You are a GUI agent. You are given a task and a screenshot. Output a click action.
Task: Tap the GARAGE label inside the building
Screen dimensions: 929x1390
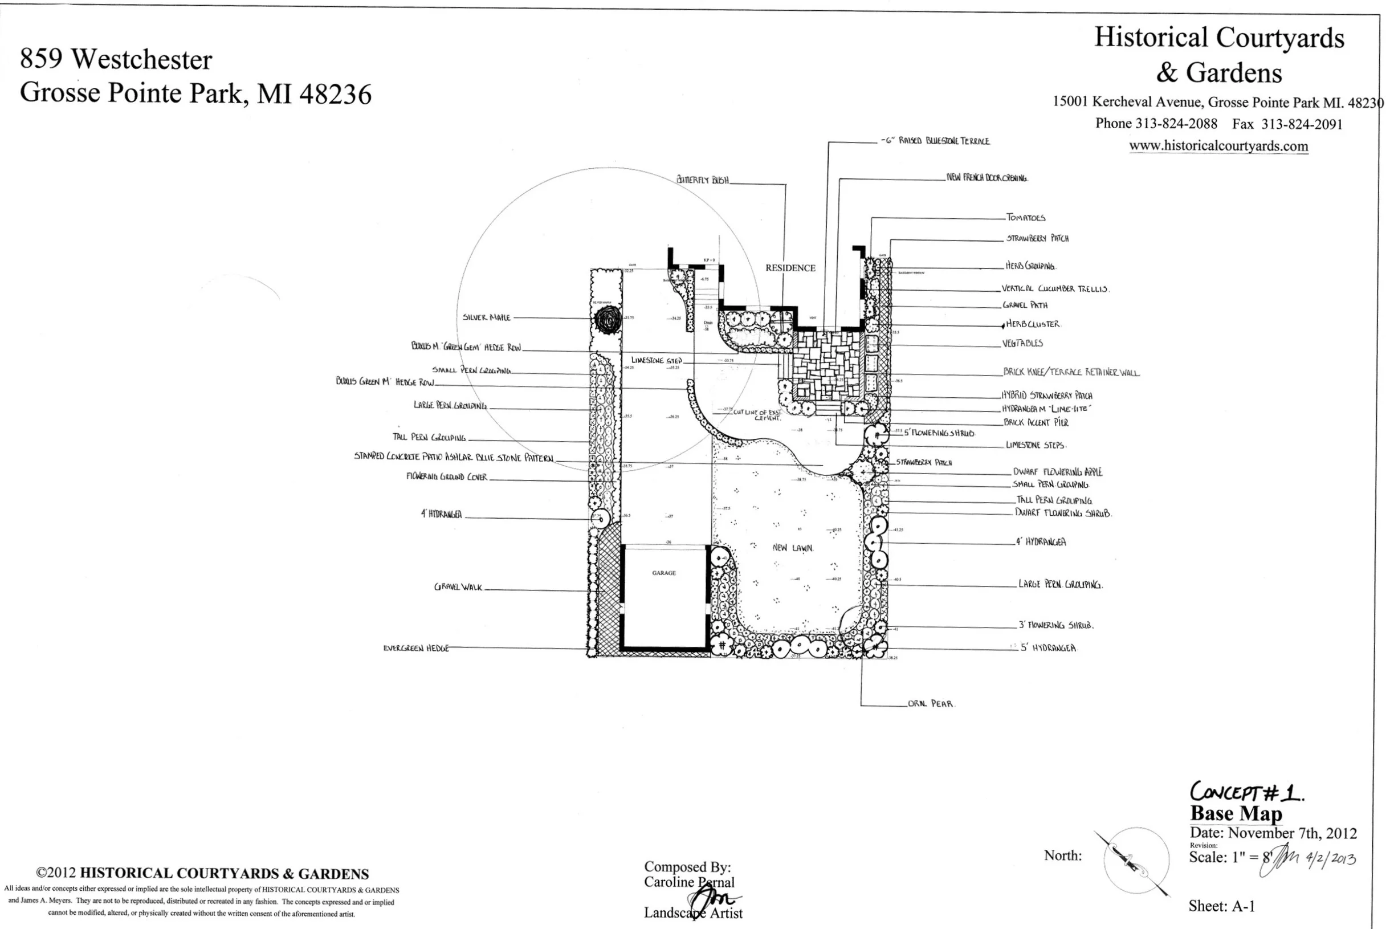(663, 573)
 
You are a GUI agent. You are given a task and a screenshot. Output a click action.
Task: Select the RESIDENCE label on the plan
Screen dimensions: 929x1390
(790, 268)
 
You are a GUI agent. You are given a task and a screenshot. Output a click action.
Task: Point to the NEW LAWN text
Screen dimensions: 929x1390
(792, 548)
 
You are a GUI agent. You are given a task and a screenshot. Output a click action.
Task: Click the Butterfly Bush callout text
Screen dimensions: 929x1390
(702, 180)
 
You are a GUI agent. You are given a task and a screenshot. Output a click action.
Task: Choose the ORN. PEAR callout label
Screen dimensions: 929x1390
(930, 704)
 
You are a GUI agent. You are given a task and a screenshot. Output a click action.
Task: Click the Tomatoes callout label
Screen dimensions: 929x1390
(1025, 218)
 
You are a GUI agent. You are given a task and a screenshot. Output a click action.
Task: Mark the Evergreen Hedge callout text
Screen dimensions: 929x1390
(415, 648)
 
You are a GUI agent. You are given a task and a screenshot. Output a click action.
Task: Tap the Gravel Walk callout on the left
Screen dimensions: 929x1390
(458, 587)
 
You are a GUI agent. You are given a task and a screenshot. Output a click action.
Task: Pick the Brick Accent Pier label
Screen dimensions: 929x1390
(1035, 422)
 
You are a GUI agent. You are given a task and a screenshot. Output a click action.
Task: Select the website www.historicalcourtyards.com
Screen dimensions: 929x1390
(1218, 146)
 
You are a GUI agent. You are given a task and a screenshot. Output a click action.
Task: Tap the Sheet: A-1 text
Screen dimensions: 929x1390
(1221, 906)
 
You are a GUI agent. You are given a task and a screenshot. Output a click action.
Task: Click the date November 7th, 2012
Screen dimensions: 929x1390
(1291, 833)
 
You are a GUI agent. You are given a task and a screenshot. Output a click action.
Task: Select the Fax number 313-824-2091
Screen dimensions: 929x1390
(1301, 124)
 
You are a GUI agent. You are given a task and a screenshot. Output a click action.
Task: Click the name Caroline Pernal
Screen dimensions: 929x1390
(688, 882)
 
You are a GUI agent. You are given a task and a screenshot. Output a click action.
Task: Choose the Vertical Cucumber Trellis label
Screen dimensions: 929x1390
(1055, 289)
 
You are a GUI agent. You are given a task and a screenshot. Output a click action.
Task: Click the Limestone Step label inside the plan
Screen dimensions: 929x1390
(656, 360)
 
